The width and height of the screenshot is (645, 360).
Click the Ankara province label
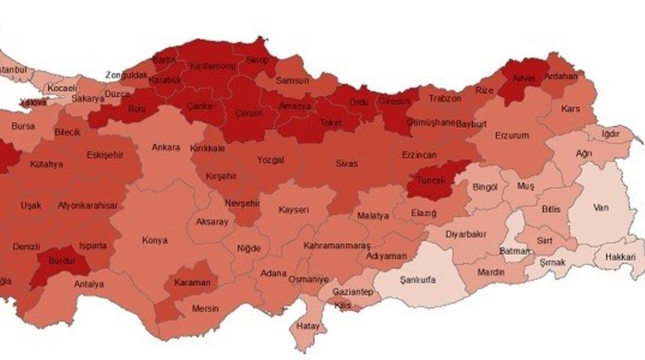pos(166,147)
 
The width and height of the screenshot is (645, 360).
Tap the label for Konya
pos(155,241)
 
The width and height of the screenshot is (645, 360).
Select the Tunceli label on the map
pos(431,181)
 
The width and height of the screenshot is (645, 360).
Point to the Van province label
pos(600,207)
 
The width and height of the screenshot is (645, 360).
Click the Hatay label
pos(307,326)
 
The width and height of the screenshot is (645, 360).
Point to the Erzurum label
pos(512,136)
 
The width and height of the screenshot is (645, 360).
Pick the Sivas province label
pos(346,163)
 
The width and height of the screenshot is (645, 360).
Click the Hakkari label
pos(619,256)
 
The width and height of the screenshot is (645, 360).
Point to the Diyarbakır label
pos(467,234)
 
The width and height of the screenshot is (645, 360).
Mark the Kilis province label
pos(342,306)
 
